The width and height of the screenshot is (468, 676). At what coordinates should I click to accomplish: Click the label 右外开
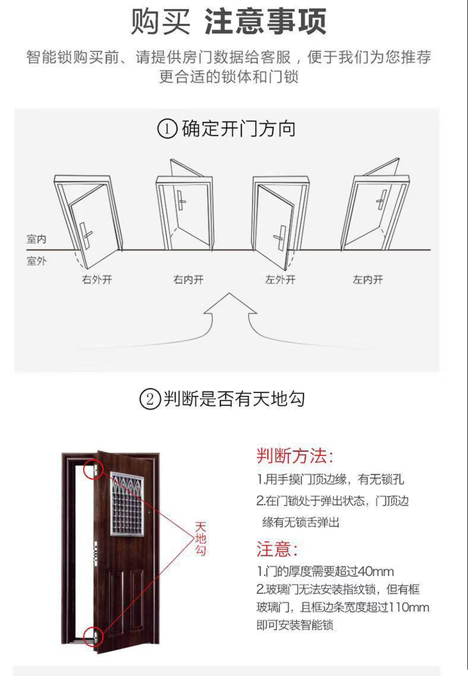(x=97, y=280)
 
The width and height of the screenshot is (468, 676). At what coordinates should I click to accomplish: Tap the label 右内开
(x=188, y=280)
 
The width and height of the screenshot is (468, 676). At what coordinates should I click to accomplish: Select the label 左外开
(x=281, y=280)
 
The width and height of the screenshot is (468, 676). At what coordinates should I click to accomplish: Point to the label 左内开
(x=368, y=280)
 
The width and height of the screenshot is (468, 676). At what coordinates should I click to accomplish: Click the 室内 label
(x=36, y=239)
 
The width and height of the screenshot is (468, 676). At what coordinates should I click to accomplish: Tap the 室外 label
(x=36, y=261)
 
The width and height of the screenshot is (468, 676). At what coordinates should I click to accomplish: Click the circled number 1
(x=167, y=129)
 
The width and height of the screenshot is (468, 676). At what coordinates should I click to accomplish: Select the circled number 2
(x=150, y=399)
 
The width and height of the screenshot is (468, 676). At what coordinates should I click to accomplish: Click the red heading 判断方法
(x=295, y=456)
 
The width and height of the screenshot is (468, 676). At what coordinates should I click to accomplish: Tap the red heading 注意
(x=277, y=549)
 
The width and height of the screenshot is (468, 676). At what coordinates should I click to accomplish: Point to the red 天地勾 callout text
(x=201, y=538)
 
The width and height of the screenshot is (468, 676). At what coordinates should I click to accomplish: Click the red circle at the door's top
(x=94, y=469)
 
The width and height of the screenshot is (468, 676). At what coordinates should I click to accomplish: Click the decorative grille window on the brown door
(x=127, y=505)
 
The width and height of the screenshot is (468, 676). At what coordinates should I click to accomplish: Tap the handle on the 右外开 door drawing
(x=87, y=233)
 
